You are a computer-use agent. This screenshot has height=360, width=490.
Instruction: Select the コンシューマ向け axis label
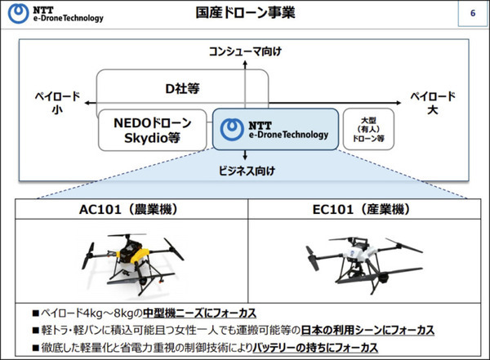pyautogui.click(x=245, y=51)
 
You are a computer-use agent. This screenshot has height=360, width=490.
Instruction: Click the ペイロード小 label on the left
pyautogui.click(x=56, y=104)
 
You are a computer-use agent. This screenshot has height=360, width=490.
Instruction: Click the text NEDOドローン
pyautogui.click(x=152, y=123)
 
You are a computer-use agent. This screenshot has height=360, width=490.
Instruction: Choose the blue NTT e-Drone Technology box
pyautogui.click(x=275, y=130)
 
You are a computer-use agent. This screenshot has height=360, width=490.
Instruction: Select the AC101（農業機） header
pyautogui.click(x=131, y=211)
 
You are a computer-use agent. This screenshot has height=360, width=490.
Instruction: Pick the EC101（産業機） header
pyautogui.click(x=359, y=211)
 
